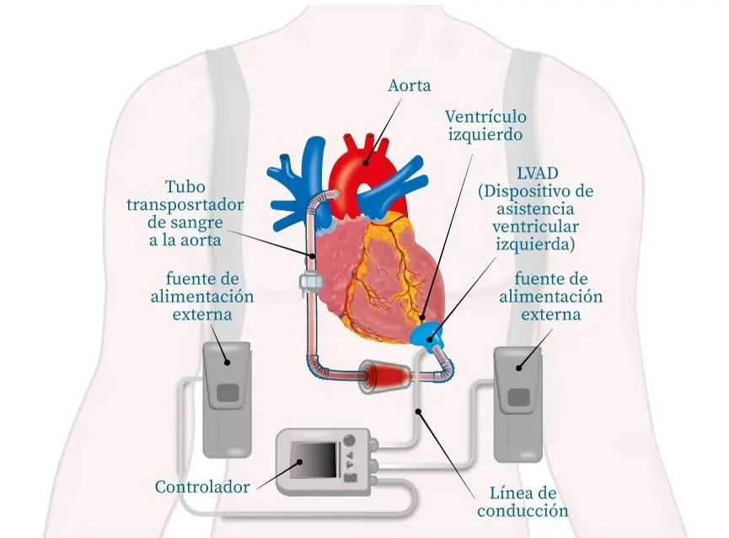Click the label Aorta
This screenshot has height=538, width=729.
coord(410,86)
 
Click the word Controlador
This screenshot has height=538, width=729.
coord(202,487)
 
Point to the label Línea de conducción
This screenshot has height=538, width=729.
coord(523,502)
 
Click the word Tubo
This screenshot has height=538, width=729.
coord(185,186)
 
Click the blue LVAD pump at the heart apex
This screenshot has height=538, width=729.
coord(431,336)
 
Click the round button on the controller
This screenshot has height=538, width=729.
coord(350,439)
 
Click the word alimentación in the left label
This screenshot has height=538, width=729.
coord(201,296)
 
